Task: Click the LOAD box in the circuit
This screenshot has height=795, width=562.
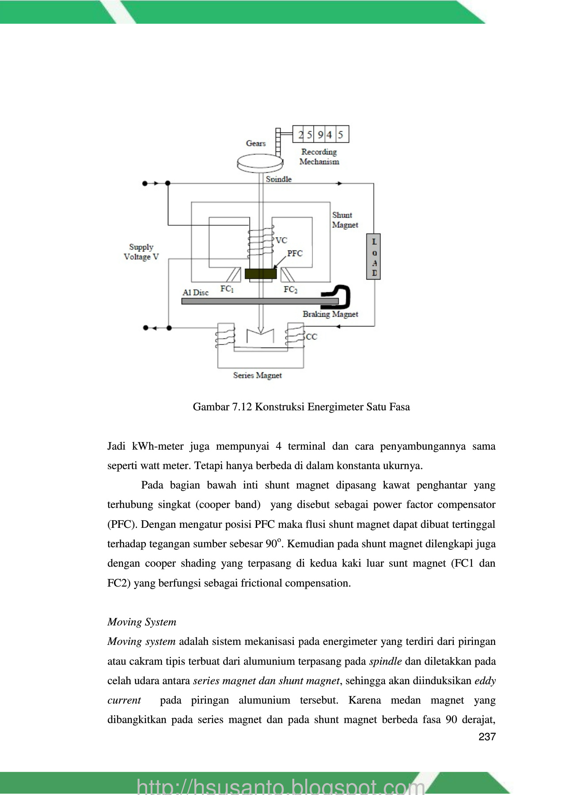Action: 374,257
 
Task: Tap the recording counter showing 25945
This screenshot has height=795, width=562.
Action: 321,134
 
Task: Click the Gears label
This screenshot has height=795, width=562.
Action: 256,144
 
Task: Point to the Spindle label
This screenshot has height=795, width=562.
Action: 279,179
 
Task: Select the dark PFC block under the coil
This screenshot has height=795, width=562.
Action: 261,274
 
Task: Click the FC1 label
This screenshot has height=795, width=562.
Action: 227,289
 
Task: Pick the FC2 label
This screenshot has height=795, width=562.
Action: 290,290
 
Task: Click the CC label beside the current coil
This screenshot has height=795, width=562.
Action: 311,337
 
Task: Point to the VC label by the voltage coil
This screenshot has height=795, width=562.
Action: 281,240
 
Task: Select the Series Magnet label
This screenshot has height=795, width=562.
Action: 258,375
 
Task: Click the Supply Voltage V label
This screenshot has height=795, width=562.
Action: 141,252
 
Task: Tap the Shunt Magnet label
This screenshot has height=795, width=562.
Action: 345,220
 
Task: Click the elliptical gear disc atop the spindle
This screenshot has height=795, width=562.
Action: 260,163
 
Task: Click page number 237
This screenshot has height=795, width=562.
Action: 487,737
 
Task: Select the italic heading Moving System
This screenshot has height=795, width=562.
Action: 142,622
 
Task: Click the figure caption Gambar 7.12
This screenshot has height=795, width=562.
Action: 301,407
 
